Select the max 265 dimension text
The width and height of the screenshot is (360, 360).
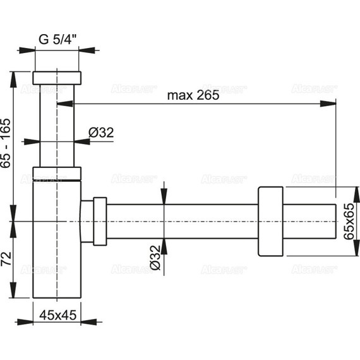(193, 95)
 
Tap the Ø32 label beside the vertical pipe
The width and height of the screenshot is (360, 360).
(100, 133)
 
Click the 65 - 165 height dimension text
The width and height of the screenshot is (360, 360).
(7, 144)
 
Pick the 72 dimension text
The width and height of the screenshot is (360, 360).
(7, 259)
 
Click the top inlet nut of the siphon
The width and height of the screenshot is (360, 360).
(57, 78)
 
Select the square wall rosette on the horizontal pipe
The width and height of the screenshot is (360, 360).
(271, 221)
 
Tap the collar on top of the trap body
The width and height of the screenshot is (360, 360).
(57, 173)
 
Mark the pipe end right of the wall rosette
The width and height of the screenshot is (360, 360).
(309, 221)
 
